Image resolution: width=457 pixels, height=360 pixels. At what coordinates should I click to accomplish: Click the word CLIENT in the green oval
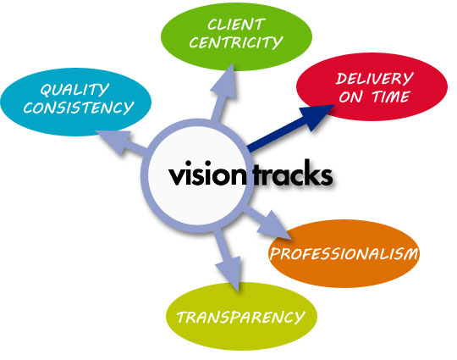[x=236, y=25]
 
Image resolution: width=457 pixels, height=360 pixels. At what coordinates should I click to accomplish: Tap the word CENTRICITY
[x=236, y=42]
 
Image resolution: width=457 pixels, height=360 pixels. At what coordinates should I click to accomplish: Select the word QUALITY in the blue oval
[x=74, y=90]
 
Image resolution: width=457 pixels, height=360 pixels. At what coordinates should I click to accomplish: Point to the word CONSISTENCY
[x=79, y=108]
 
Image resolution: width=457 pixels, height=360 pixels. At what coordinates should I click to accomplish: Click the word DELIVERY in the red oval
[x=375, y=79]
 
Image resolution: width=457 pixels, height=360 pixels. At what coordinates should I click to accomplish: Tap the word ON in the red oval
[x=350, y=97]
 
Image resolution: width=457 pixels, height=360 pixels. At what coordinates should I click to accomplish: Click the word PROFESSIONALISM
[x=344, y=254]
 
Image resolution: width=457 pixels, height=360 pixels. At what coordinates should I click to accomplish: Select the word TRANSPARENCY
[x=240, y=317]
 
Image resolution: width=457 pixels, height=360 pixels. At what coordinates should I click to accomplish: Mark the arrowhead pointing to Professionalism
[x=273, y=225]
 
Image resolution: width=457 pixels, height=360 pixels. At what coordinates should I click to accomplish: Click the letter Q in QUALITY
[x=47, y=90]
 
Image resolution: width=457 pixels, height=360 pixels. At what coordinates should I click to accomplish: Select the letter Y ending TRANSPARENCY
[x=299, y=318]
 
